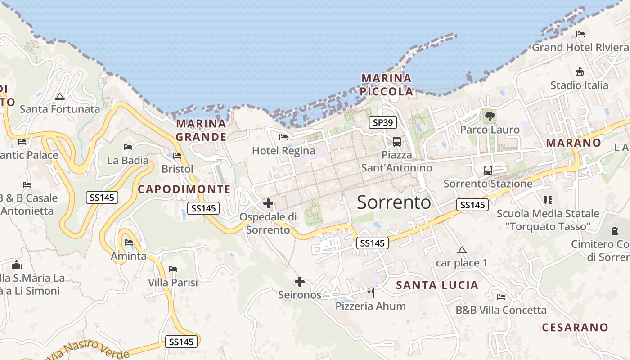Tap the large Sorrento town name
click(x=394, y=202)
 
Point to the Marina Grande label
click(x=201, y=130)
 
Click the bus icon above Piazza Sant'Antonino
click(x=397, y=142)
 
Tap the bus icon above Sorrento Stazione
click(x=488, y=171)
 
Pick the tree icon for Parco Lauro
click(x=490, y=117)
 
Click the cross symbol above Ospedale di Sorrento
click(x=268, y=203)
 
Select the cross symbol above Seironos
click(x=300, y=282)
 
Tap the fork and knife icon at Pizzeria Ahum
click(x=371, y=293)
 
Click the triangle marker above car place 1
click(x=462, y=250)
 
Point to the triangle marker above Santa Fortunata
click(x=59, y=96)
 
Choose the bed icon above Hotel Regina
click(x=283, y=137)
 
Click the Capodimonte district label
click(x=184, y=189)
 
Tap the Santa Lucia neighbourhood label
click(x=437, y=285)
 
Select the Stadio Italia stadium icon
click(x=580, y=72)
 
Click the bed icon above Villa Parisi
click(x=173, y=269)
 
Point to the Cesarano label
click(x=575, y=327)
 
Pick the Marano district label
click(x=573, y=143)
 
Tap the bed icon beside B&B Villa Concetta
click(x=501, y=297)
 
